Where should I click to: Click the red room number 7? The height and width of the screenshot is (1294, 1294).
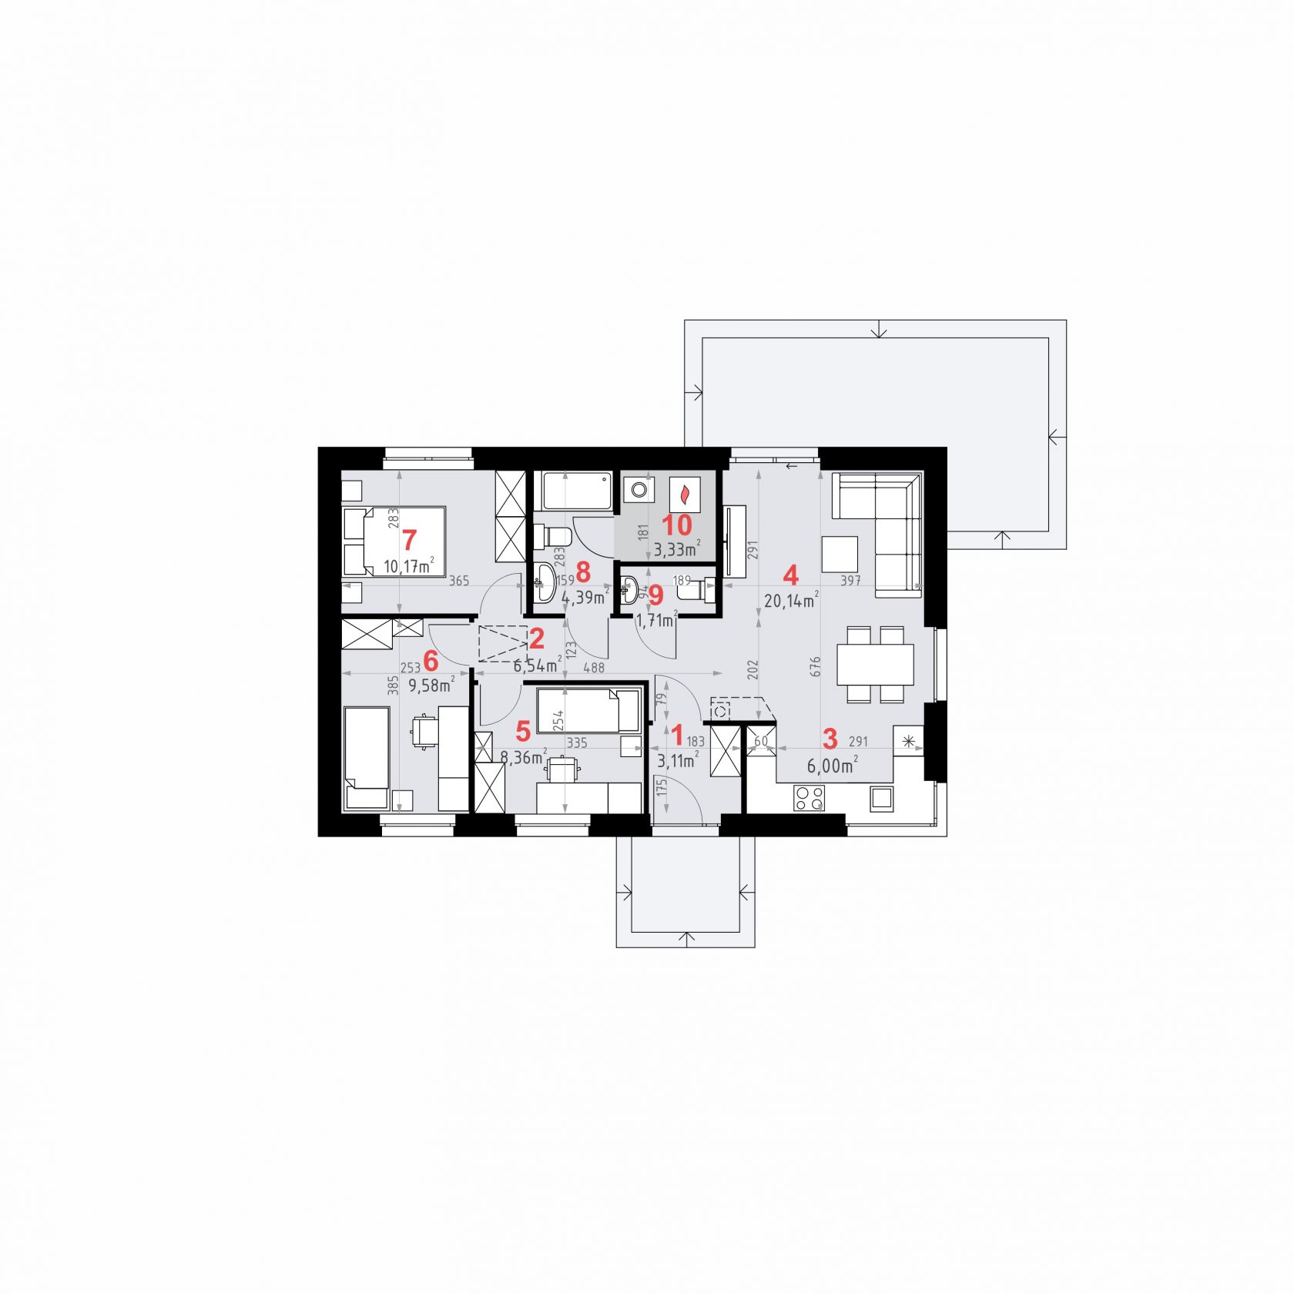[409, 539]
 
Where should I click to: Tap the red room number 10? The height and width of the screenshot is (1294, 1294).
[677, 525]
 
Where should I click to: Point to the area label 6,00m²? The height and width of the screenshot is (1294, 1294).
[833, 766]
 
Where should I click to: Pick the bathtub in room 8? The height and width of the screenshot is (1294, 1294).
[578, 491]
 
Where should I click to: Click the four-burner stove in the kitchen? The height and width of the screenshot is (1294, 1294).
[809, 797]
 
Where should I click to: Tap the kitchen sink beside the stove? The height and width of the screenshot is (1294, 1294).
[882, 798]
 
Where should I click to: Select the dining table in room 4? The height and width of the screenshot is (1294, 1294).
[876, 664]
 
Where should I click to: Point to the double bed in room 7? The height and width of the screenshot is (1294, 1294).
[394, 541]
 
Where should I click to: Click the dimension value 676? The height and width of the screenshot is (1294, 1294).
[816, 666]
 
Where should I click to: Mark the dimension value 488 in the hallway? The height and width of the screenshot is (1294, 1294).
[594, 669]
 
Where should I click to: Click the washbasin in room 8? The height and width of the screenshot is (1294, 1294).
[544, 582]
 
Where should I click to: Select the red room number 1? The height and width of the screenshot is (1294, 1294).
[678, 736]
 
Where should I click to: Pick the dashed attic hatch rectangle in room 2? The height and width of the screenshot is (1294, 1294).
[504, 644]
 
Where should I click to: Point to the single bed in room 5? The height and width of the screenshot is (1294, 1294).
[588, 710]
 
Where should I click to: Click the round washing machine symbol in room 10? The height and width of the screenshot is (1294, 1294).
[639, 489]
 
